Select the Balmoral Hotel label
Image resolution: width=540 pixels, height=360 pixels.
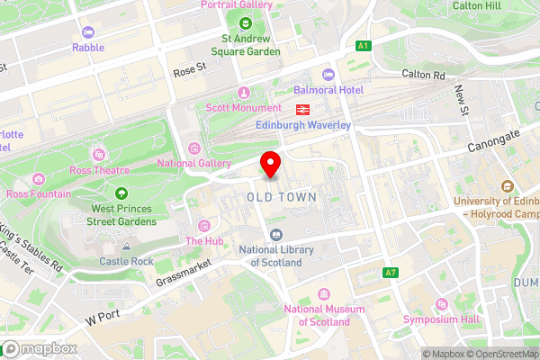(x=328, y=91)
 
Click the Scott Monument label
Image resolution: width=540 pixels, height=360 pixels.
(x=242, y=108)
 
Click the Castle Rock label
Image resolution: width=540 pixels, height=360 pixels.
(x=127, y=261)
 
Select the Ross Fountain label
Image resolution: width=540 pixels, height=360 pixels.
(x=38, y=193)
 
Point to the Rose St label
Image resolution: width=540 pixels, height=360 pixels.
(x=189, y=68)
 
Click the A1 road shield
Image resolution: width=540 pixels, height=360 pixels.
(x=363, y=45)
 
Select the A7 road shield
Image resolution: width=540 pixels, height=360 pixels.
(x=390, y=273)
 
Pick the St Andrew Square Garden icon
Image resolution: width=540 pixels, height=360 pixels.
(x=245, y=22)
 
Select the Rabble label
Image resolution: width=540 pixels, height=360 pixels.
(x=88, y=47)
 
